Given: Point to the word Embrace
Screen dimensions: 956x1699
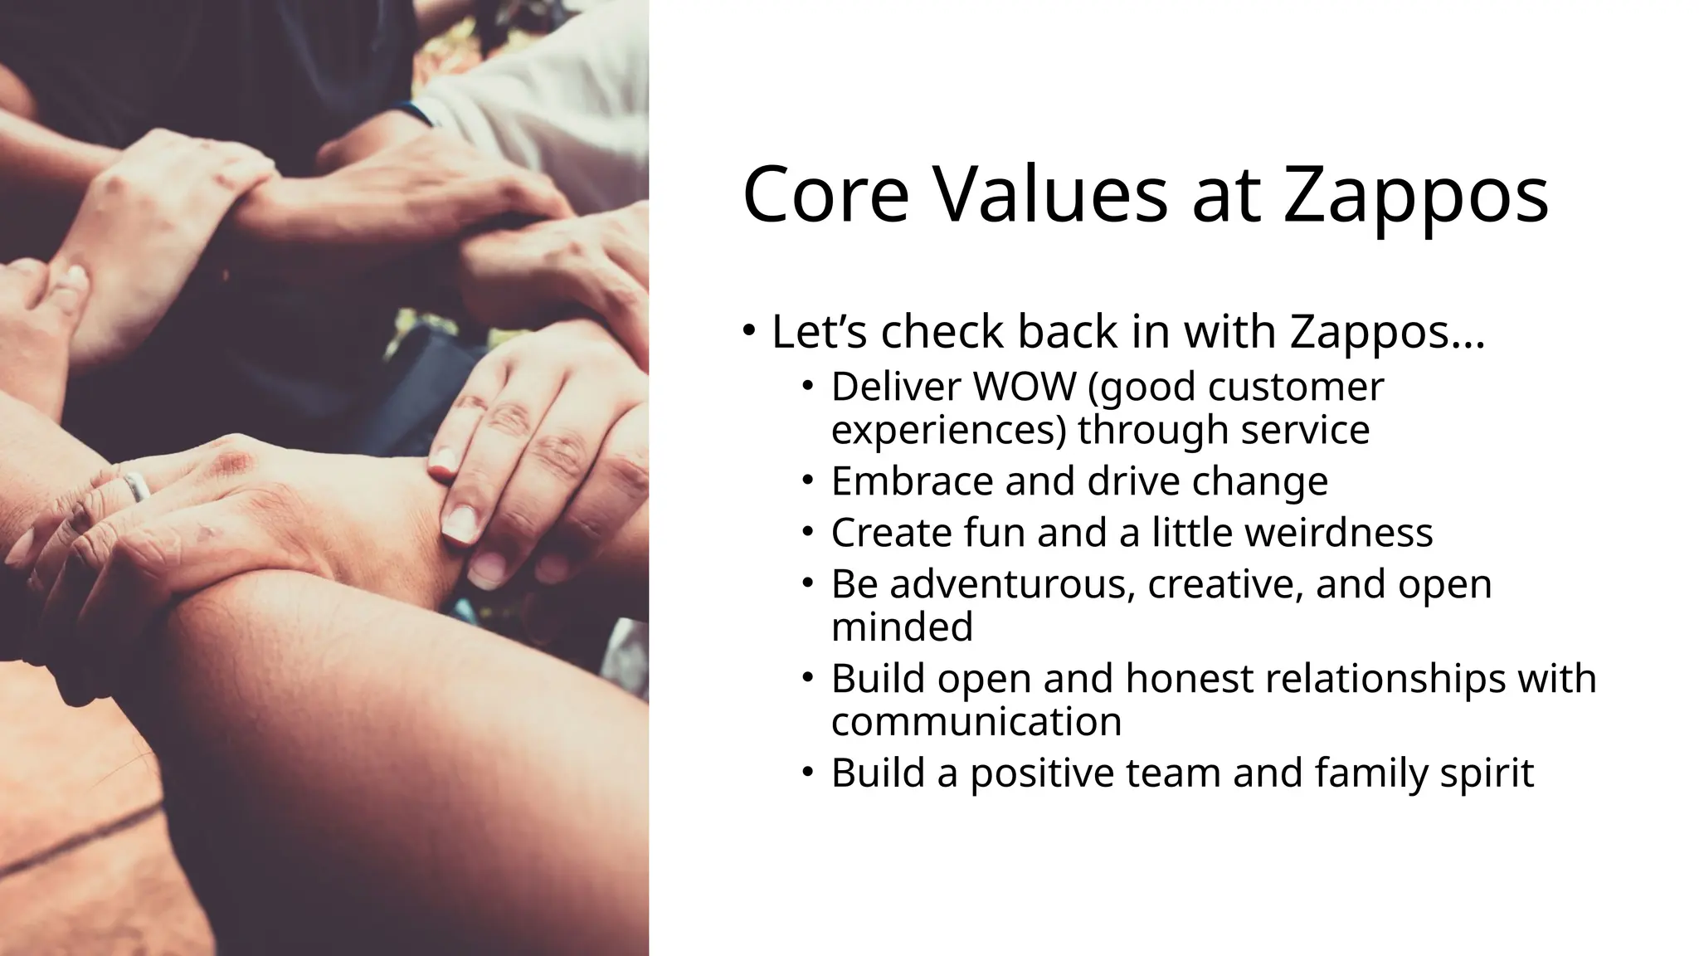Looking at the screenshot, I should coord(913,481).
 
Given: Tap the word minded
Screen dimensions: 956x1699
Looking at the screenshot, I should coord(902,627).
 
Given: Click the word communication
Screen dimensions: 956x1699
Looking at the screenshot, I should coord(976,721).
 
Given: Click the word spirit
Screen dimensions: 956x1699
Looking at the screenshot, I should coord(1487,773).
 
